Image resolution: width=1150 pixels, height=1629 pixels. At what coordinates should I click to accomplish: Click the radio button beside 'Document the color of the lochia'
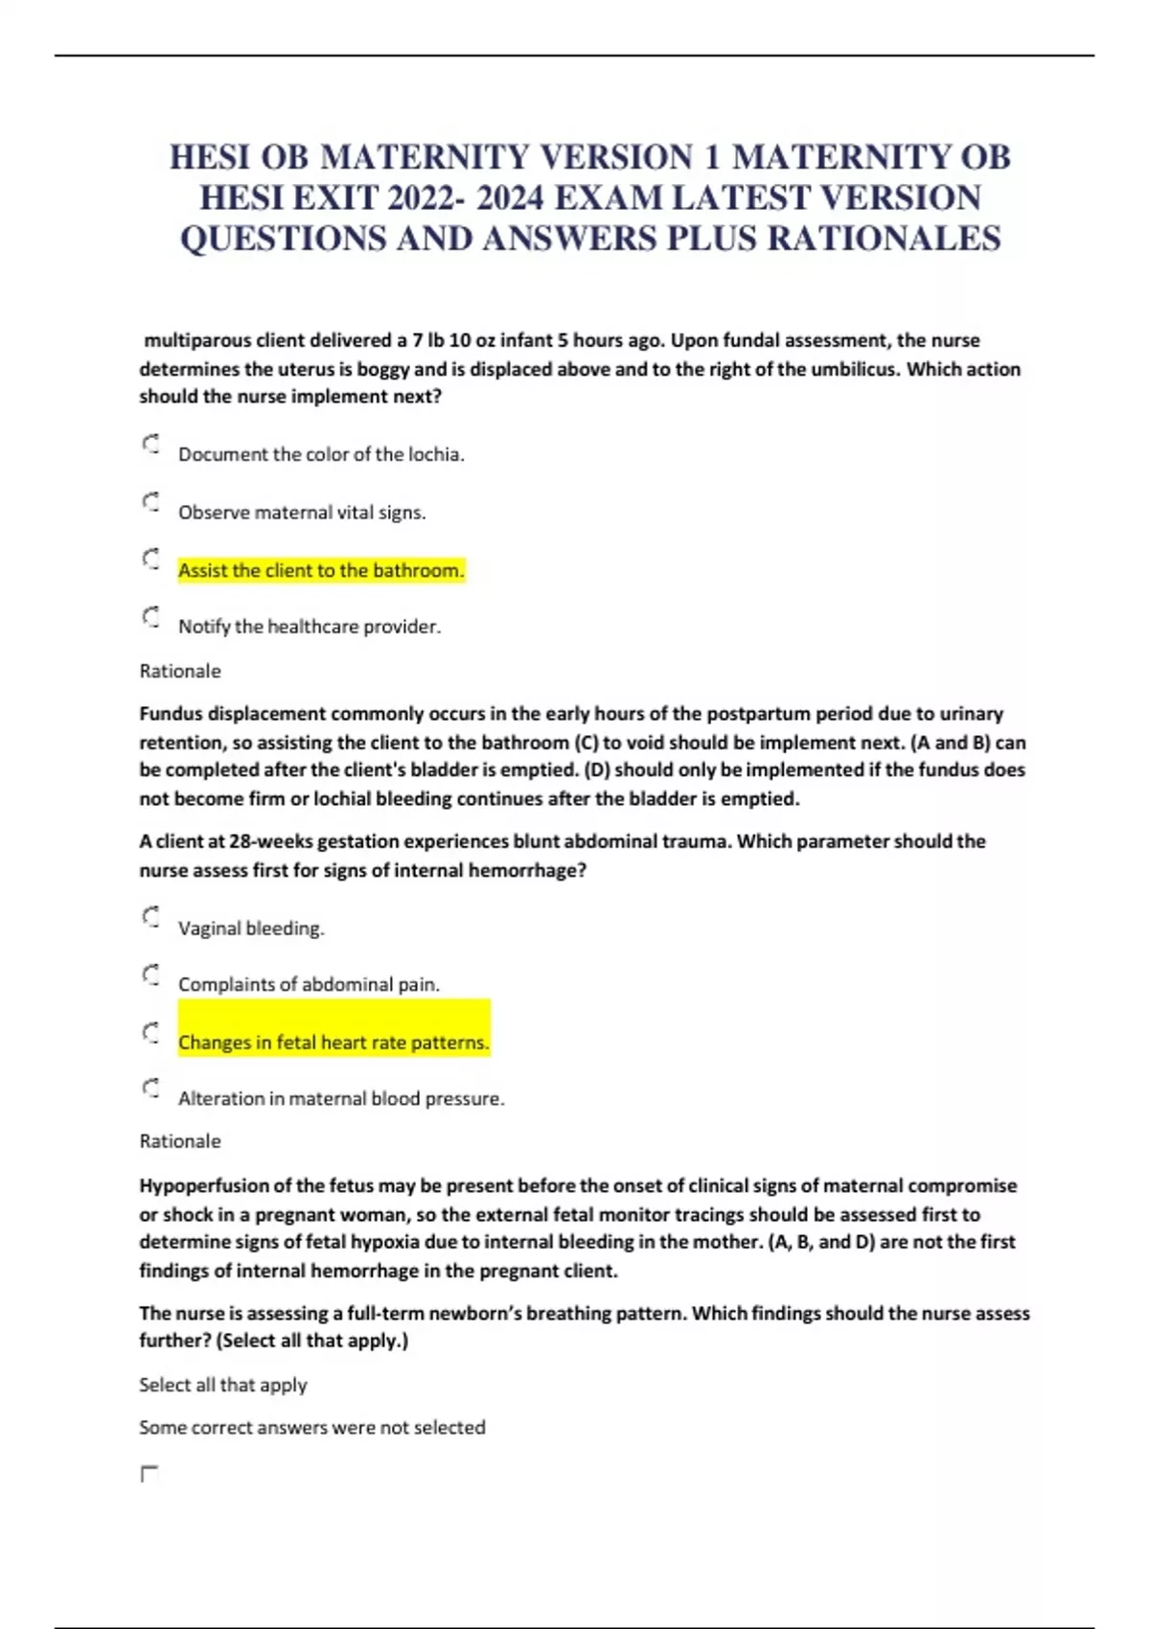150,444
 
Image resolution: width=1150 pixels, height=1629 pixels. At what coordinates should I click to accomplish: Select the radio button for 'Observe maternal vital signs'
150,502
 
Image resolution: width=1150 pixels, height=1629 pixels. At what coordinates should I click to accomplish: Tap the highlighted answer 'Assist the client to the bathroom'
320,570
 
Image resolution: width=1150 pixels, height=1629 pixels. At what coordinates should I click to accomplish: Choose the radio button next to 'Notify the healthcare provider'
150,616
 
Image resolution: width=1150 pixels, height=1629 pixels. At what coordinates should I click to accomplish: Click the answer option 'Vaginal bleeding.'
251,928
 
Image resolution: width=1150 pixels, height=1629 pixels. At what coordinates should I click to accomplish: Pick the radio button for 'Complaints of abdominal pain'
150,975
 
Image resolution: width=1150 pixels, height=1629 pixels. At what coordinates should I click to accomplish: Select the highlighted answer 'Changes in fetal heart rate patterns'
333,1042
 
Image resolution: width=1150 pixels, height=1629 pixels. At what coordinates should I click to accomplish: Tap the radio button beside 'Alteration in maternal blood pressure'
150,1088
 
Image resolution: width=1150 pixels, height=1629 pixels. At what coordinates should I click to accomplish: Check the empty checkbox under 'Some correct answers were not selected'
149,1474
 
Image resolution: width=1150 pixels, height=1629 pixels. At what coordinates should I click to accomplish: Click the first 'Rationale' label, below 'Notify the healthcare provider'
180,671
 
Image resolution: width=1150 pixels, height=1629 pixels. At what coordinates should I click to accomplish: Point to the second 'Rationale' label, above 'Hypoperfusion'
180,1141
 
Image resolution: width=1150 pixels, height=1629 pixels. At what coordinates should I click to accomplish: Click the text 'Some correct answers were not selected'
312,1428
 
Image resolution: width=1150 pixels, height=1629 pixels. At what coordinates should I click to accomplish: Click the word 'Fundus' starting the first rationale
171,714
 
